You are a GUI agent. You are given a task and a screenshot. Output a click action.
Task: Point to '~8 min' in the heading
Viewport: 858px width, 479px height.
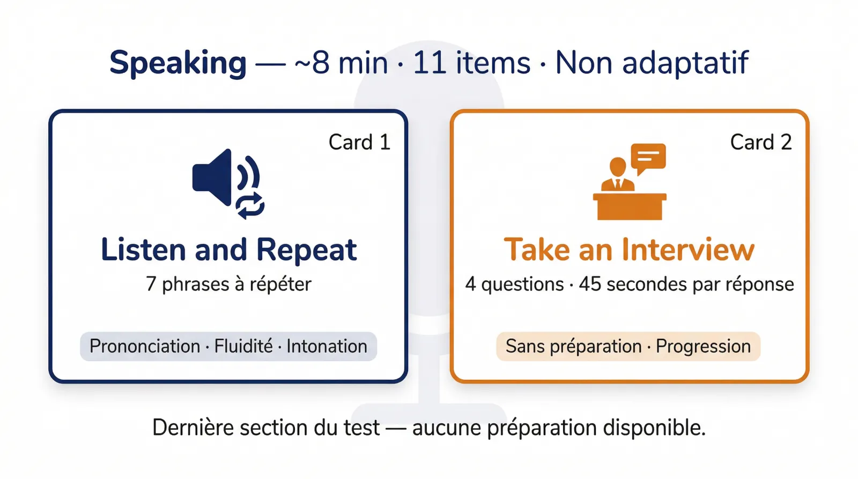pos(341,63)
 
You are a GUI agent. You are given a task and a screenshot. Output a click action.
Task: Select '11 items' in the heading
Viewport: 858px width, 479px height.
pos(471,63)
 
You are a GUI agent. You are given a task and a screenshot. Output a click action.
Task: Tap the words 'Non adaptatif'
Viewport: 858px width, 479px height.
pos(651,63)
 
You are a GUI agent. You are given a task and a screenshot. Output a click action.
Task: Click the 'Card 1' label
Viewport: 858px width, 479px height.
pos(359,143)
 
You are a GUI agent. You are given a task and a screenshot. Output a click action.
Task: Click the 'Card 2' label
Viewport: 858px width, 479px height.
pos(760,143)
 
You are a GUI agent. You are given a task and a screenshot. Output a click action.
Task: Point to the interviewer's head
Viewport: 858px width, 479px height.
pos(618,167)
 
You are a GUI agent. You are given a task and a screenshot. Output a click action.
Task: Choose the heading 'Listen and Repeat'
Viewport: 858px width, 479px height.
pos(229,250)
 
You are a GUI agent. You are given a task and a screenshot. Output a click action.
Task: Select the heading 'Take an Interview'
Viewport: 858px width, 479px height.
pos(629,250)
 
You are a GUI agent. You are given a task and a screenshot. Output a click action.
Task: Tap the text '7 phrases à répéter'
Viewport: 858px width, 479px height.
pos(228,284)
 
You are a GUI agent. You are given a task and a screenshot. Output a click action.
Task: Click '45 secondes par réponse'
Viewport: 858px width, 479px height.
pos(686,284)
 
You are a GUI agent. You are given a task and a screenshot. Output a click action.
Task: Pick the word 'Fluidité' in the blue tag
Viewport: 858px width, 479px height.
pos(243,346)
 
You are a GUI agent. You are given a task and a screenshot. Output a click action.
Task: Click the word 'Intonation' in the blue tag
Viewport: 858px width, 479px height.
pos(327,346)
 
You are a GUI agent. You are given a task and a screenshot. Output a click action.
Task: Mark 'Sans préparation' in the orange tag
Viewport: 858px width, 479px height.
pos(573,346)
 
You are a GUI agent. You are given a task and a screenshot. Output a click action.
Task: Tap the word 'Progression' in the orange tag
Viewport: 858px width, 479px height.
pos(703,346)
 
